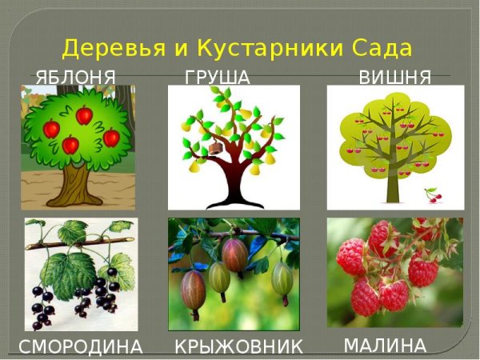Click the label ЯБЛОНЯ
point(76,78)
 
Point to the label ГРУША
point(218,78)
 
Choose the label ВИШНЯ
point(395,78)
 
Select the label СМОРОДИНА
point(81,347)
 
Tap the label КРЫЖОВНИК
point(239,347)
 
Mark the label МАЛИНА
point(385,346)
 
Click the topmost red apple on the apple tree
point(84,116)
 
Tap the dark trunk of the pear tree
point(233,180)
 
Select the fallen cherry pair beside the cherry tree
point(431,194)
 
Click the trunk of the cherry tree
point(393,183)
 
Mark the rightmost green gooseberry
point(282,279)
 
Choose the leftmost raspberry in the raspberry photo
point(350,257)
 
